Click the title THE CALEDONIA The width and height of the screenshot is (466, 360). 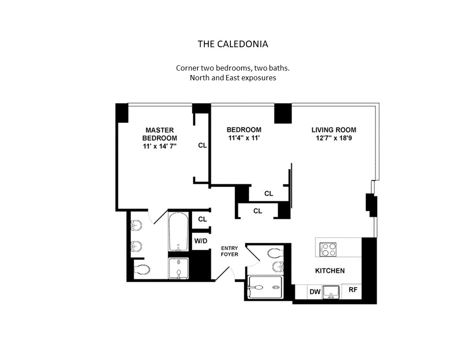[233, 44]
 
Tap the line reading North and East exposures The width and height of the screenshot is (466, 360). [233, 78]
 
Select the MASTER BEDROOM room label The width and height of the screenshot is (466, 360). [159, 134]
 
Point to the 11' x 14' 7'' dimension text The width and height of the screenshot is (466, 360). [159, 146]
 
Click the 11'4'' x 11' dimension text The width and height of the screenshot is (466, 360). [244, 138]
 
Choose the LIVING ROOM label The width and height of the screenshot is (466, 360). [334, 130]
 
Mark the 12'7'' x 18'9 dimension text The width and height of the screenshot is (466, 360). [334, 138]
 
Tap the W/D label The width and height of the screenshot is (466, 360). [201, 241]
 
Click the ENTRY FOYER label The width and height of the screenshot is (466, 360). [229, 251]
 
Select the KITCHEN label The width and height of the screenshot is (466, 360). [330, 270]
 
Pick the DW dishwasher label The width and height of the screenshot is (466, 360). [315, 292]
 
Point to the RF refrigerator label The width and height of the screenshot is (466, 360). [353, 290]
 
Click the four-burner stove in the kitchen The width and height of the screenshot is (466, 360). [328, 249]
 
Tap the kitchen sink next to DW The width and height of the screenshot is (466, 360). [331, 292]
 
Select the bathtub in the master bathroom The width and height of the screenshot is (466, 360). [178, 231]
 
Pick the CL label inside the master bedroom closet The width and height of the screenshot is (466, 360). [202, 145]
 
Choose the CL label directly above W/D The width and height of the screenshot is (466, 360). [202, 219]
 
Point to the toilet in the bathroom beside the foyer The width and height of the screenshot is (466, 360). [275, 253]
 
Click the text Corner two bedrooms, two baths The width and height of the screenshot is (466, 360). [233, 68]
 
